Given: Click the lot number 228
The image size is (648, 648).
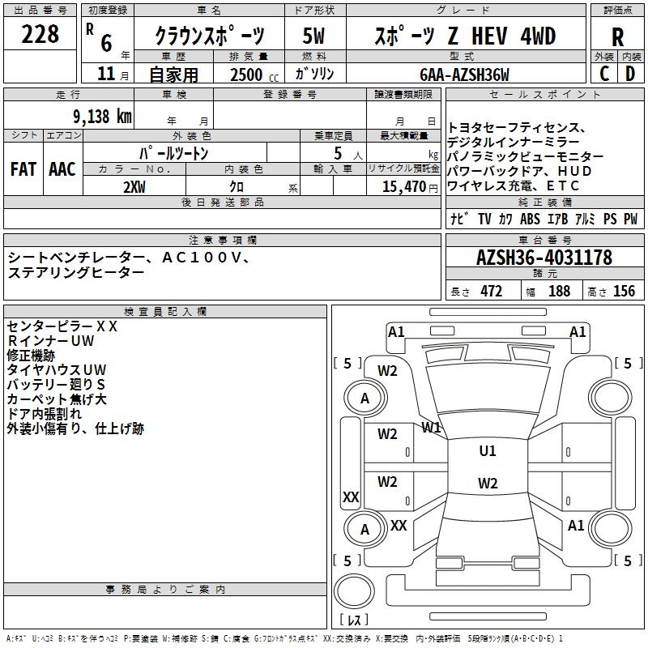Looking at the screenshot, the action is tap(40, 34).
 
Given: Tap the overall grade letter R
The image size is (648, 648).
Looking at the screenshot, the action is tap(617, 37).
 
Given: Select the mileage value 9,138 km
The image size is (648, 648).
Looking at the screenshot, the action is tap(103, 117).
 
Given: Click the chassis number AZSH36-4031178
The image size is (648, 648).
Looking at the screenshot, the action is tap(544, 258).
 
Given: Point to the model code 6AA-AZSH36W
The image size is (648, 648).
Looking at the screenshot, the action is tap(464, 75).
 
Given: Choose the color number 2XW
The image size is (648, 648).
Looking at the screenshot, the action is tap(134, 187).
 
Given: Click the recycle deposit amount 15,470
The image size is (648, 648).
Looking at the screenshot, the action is tap(403, 187).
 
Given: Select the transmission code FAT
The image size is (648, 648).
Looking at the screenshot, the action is tap(23, 169).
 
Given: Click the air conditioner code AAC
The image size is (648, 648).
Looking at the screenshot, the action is tap(62, 169).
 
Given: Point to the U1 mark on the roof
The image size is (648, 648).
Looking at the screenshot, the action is tap(488, 451).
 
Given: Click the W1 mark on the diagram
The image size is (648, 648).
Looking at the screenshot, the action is tap(431, 428).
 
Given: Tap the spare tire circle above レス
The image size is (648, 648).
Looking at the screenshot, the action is tap(354, 590).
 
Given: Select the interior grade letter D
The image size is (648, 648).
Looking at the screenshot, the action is tap(630, 74).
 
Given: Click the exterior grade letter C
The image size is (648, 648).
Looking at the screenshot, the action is tap(604, 74).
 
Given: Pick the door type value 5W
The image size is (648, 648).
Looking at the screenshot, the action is tap(314, 36).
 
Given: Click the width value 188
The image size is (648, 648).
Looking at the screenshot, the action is tap(559, 291).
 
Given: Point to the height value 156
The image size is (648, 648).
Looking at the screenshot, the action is tap(624, 291).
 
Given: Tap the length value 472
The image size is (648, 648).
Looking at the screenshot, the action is tap(492, 291).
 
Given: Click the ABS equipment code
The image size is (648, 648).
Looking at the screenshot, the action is tap(530, 219).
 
